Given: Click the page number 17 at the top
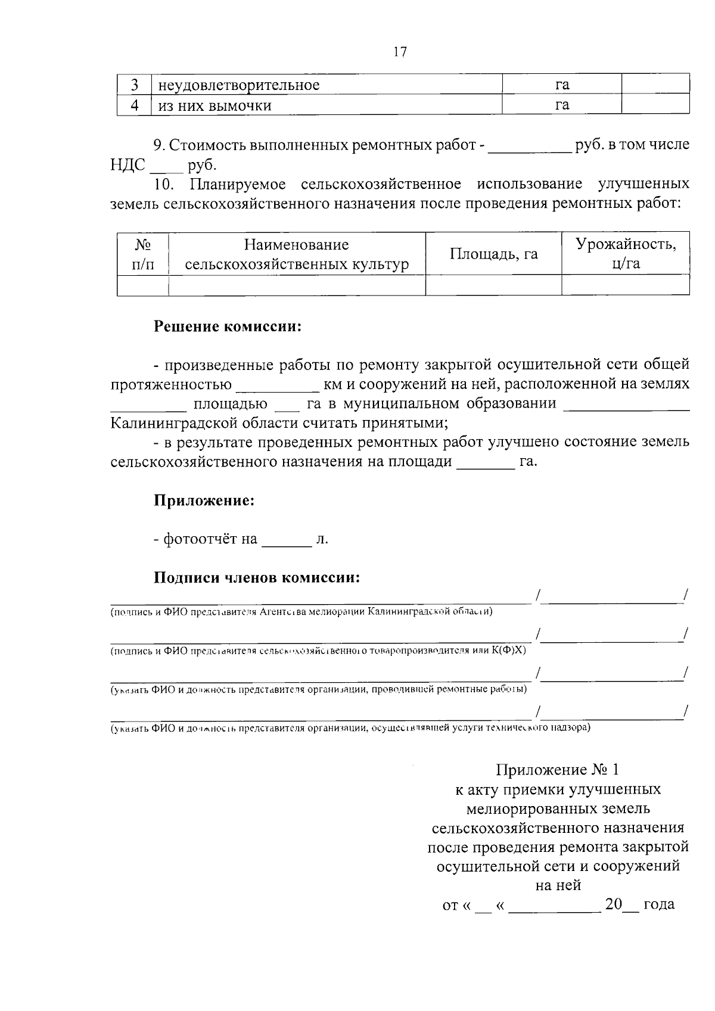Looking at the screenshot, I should coord(400,52).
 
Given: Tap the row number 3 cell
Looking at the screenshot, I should coord(135,85).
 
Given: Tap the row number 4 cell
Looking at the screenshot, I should coord(135,105).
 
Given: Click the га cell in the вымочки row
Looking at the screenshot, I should coord(562,105).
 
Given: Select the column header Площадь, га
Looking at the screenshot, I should coord(493,254).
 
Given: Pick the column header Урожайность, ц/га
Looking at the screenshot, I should coord(626,254).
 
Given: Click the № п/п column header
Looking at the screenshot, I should coord(142,254).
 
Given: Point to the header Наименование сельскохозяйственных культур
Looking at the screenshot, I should coord(297,254).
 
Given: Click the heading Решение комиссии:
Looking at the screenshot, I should coord(228,327).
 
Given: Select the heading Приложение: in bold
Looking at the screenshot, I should coord(204,500).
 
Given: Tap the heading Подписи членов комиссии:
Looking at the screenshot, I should coord(257,578).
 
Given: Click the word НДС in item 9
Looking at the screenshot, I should coord(128,165).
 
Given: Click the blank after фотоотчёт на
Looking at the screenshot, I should coord(287,540).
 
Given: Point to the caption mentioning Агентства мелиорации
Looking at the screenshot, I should coord(301,612).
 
